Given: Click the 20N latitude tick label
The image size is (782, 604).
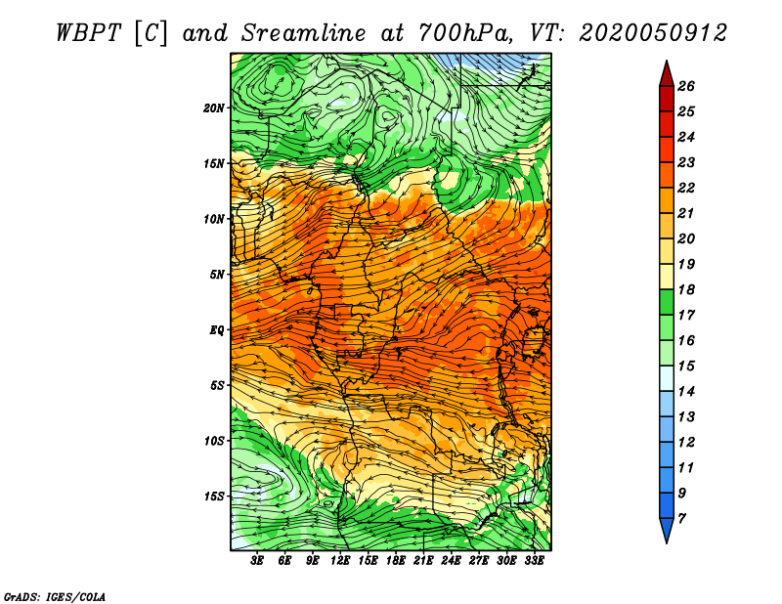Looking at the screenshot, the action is [214, 108].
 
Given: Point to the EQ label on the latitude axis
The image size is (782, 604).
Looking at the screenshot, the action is [216, 330].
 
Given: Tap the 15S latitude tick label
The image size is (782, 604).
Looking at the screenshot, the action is [214, 496].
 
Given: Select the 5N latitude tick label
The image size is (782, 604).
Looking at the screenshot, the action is [217, 275].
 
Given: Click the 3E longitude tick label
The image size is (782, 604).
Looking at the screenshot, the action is [257, 561].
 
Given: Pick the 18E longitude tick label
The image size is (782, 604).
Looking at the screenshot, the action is [395, 561].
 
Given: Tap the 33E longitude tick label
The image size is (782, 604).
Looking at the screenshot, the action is [534, 561].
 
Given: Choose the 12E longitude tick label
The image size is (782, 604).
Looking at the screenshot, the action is [339, 561].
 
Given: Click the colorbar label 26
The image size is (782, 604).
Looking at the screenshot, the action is [686, 86].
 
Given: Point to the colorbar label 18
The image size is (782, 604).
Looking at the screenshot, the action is [686, 289].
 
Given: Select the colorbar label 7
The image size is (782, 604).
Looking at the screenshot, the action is [681, 519].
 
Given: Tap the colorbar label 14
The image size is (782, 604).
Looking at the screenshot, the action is [686, 392].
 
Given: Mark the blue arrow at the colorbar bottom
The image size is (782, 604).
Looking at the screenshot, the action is [667, 529].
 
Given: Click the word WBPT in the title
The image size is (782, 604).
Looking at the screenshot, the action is [89, 33].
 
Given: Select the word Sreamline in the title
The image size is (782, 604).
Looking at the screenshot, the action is [304, 33].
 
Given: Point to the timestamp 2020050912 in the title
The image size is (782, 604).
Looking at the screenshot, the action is [653, 33].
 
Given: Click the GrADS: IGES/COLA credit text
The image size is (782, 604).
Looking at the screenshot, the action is [55, 596].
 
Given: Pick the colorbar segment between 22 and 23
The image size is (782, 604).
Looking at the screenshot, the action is [667, 175].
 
